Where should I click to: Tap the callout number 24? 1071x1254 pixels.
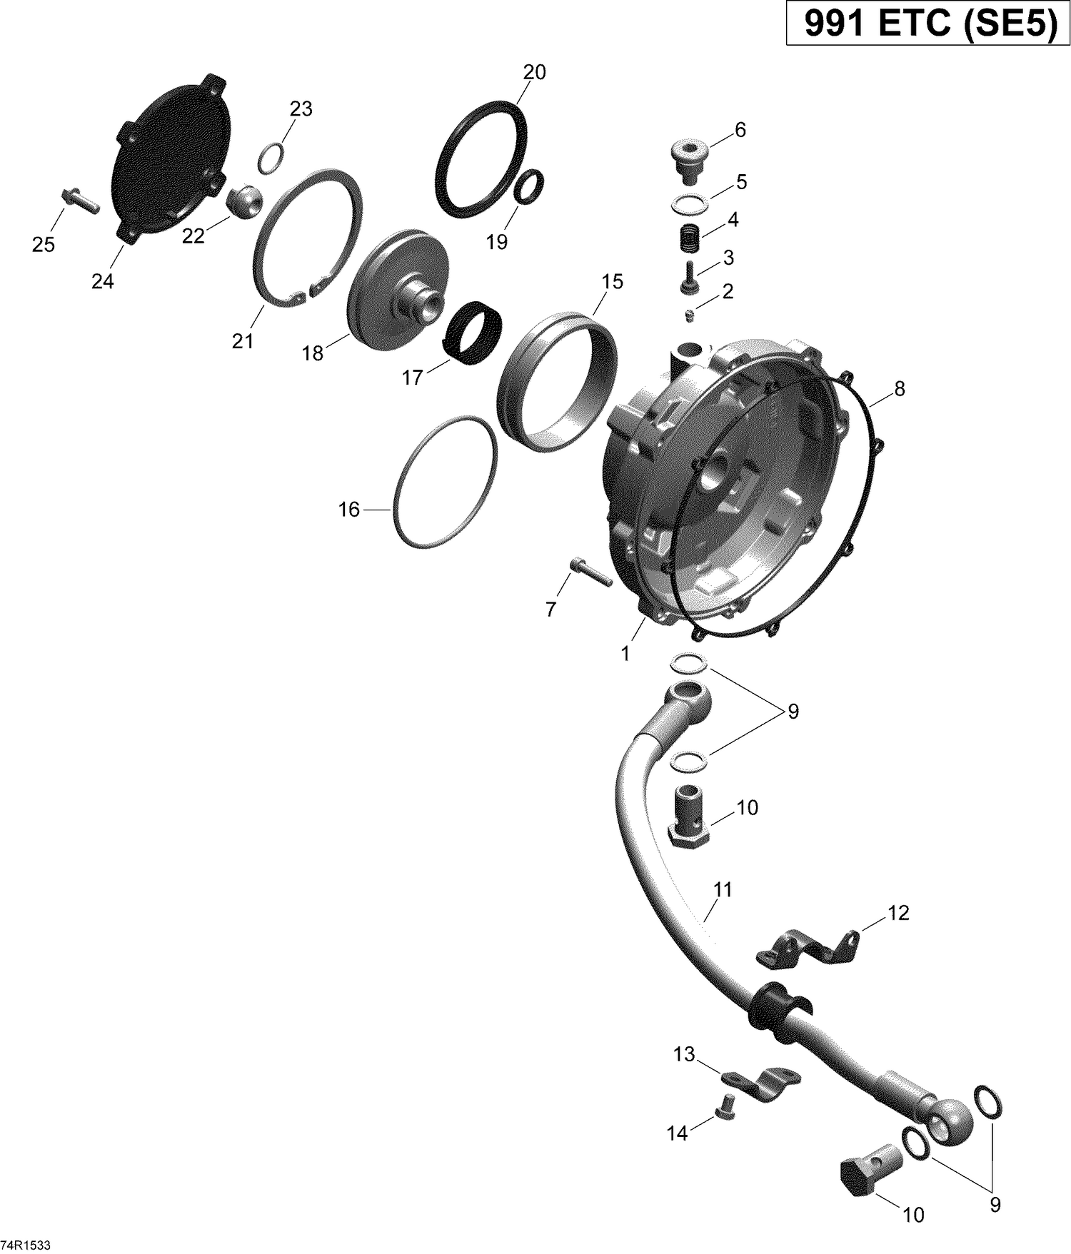click(x=102, y=282)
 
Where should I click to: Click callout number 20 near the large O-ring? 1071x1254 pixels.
click(x=534, y=72)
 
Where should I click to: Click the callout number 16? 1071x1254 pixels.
click(x=348, y=510)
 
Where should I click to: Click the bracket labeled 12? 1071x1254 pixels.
click(x=807, y=955)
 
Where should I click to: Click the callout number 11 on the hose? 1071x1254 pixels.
click(x=723, y=889)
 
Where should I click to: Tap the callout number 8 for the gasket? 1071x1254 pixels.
click(x=899, y=388)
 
